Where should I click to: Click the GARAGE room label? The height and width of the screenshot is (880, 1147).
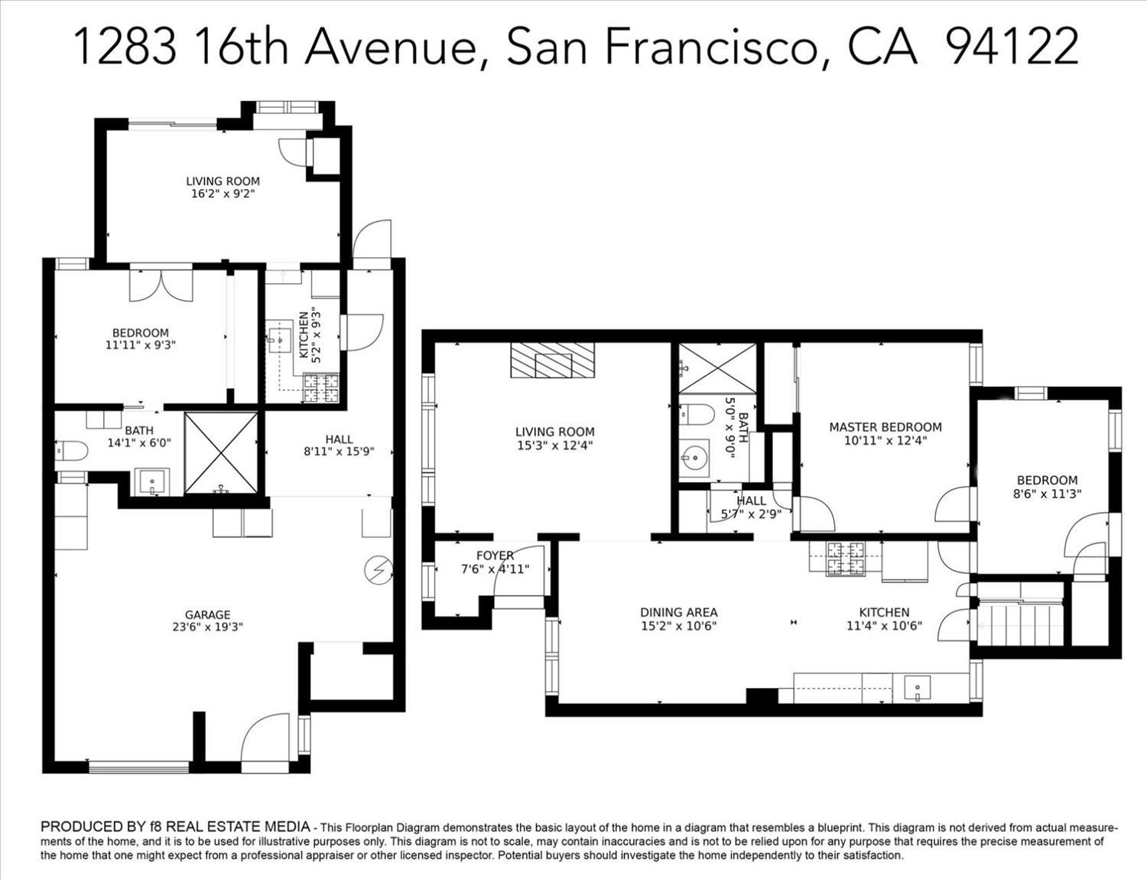click(x=207, y=614)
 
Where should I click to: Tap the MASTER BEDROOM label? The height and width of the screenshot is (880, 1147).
click(x=885, y=427)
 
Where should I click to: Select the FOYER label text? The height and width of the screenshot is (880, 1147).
click(x=495, y=555)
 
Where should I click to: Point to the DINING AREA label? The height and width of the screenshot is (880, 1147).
click(x=679, y=612)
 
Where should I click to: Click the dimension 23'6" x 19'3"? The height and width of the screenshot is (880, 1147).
click(x=207, y=627)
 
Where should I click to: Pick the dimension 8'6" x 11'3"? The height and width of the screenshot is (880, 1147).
click(x=1048, y=494)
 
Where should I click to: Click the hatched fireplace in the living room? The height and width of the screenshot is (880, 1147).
click(x=552, y=360)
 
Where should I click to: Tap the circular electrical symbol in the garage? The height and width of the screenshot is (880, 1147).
click(x=379, y=571)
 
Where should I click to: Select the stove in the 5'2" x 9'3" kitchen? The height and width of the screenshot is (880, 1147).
click(x=320, y=387)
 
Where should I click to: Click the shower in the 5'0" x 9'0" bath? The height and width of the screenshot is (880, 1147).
click(x=717, y=368)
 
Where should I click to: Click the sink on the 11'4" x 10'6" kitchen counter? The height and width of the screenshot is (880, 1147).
click(x=918, y=687)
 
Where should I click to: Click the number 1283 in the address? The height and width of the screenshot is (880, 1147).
click(x=125, y=47)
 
